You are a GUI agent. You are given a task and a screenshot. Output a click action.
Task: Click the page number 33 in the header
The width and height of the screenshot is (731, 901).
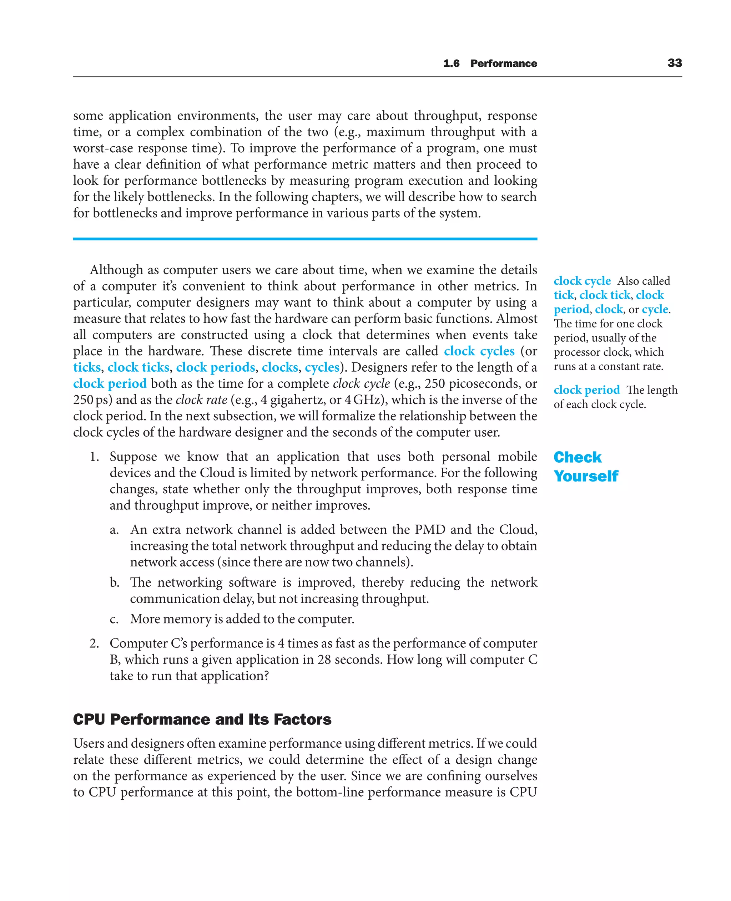point(674,63)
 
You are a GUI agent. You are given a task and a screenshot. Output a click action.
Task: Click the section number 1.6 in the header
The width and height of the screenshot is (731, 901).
point(451,63)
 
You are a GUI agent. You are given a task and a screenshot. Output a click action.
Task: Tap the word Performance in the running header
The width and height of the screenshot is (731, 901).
point(504,63)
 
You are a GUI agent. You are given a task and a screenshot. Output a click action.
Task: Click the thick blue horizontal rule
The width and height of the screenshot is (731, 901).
point(305,239)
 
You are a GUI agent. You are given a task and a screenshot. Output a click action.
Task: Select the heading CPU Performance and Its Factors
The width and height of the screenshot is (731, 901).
point(202,719)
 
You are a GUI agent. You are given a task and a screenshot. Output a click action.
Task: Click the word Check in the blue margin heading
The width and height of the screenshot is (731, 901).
point(577,457)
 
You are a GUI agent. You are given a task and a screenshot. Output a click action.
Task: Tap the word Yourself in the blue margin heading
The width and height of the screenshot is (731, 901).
point(586,476)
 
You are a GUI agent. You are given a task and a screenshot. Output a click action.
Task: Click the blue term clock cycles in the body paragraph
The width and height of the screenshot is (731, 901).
point(479,351)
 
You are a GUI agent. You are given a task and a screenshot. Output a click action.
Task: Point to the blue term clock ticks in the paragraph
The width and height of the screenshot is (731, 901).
point(138,367)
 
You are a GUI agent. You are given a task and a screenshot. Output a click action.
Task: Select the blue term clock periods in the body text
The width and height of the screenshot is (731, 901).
point(215,367)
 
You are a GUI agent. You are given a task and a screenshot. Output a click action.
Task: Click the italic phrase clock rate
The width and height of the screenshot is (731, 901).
point(201,400)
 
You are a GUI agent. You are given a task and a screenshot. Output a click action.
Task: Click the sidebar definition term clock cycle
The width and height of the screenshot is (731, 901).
point(582,281)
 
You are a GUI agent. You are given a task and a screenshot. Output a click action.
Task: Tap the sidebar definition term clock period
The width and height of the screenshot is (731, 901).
point(586,390)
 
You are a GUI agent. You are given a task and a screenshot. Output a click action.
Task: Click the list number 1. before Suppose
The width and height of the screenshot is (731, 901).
point(94,457)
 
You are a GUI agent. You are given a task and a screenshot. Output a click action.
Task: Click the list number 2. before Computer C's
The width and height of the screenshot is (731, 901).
point(94,643)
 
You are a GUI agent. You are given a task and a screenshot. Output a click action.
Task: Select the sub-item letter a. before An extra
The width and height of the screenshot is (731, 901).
point(114,530)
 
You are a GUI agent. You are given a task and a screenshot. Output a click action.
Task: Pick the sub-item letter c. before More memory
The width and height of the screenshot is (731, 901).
point(114,620)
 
